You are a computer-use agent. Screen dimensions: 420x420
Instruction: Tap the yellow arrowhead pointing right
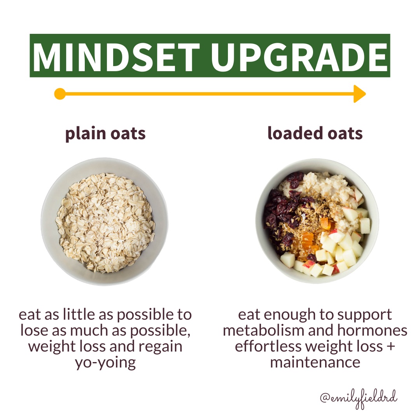click(x=360, y=94)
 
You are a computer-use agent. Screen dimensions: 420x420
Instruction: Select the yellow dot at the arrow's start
click(x=60, y=94)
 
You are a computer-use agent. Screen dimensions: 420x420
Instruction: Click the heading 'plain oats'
click(x=105, y=134)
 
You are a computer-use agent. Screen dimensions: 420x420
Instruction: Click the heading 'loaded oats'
click(x=315, y=133)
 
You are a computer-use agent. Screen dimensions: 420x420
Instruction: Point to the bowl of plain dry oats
click(x=105, y=222)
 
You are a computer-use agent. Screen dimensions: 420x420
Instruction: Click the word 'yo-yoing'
click(x=105, y=363)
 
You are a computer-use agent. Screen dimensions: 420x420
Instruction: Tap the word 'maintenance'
click(x=315, y=362)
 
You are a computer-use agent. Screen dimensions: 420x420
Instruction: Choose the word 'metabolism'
click(x=264, y=330)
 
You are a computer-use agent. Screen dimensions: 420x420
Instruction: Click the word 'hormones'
click(x=372, y=330)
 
